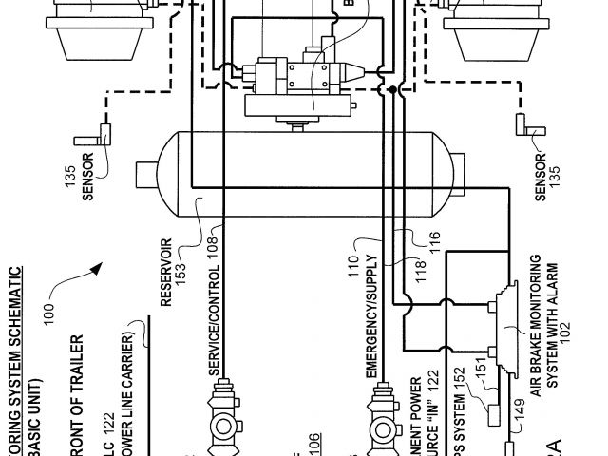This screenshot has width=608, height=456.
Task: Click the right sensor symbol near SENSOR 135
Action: click(522, 123)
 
